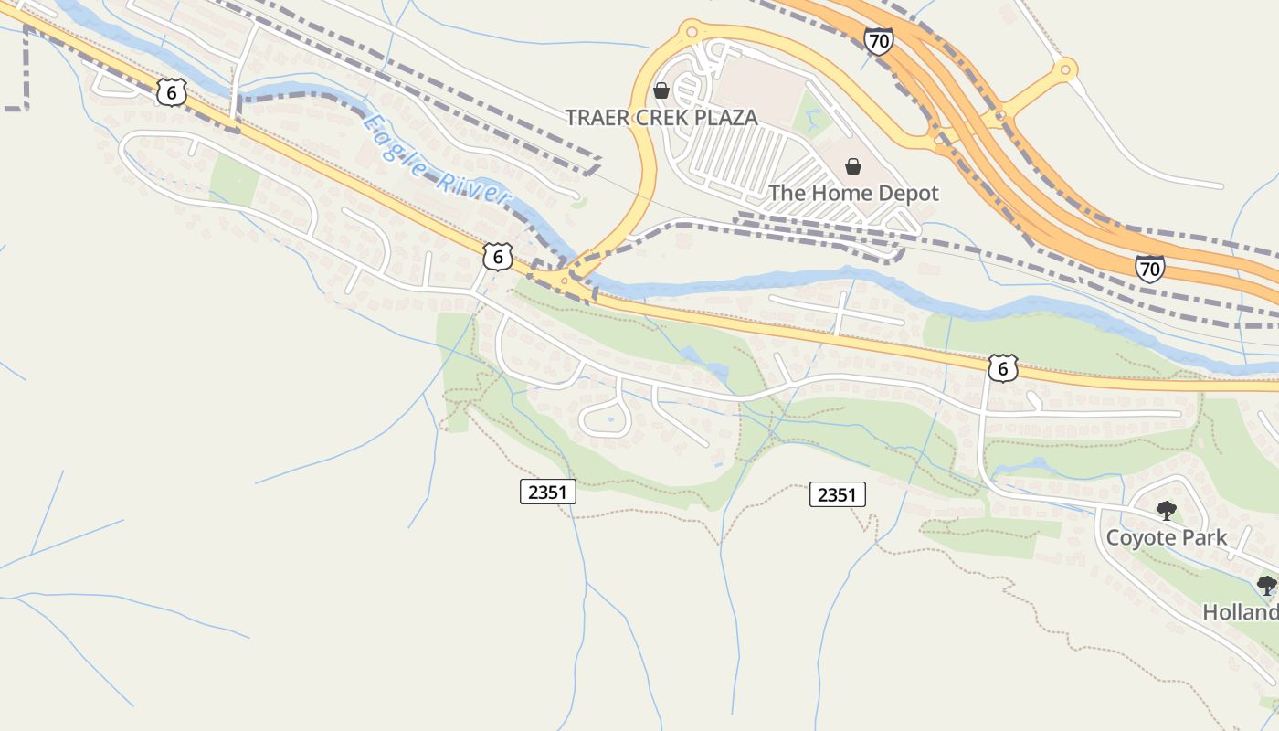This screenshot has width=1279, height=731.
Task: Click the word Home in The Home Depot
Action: [825, 193]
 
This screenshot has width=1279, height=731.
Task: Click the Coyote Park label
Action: [1166, 537]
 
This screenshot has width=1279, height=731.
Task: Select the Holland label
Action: [1241, 611]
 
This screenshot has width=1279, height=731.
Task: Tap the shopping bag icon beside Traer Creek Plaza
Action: [661, 90]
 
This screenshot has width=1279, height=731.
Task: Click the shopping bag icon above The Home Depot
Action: [852, 165]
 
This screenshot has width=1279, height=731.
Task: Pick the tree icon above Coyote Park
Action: [1166, 510]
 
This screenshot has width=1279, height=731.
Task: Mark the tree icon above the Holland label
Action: [1266, 585]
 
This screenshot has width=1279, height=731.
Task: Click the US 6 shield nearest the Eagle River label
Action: [497, 257]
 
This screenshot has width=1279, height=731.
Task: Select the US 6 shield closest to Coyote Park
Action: [1002, 367]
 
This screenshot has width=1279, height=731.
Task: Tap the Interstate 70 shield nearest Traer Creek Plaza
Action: [878, 40]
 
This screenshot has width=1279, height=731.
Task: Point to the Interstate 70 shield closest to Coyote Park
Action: [1150, 268]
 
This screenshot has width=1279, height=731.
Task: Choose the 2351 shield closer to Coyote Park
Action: [837, 494]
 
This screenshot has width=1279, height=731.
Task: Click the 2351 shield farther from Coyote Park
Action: [549, 492]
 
